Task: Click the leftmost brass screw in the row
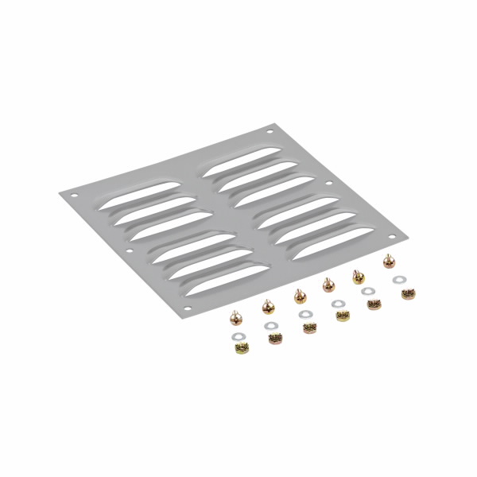[236, 318]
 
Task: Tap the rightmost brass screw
[389, 260]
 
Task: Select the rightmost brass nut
[408, 293]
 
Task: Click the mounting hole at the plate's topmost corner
[270, 130]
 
